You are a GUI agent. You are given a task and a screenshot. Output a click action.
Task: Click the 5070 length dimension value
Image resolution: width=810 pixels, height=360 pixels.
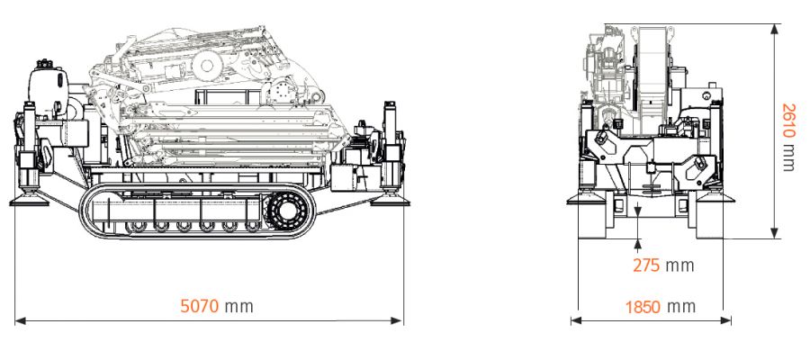coord(200,306)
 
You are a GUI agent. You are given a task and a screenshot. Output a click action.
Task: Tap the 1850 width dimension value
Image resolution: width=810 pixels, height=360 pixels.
coord(645,306)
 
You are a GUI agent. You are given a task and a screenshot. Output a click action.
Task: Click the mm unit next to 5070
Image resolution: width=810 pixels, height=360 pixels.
coord(239,306)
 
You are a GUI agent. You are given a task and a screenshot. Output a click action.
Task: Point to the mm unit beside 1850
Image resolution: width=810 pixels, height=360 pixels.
coord(682,306)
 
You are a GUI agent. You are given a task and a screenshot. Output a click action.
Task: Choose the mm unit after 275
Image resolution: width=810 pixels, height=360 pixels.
coord(681,265)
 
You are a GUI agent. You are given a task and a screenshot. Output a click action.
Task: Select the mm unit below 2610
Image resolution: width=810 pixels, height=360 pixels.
coord(788,158)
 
